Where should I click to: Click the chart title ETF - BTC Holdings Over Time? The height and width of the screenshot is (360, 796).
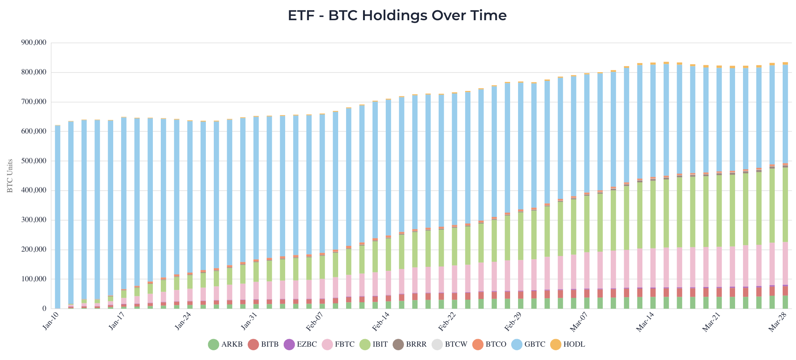pos(397,16)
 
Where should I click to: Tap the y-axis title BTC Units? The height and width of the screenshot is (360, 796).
pos(10,176)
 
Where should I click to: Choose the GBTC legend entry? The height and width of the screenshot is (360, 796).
pos(529,344)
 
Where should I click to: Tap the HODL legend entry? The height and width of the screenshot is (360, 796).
pos(568,344)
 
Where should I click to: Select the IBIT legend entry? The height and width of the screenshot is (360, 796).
pos(374,344)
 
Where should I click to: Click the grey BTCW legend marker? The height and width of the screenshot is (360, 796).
pos(437,344)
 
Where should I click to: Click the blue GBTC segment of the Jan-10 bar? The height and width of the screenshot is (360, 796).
pos(58,216)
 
